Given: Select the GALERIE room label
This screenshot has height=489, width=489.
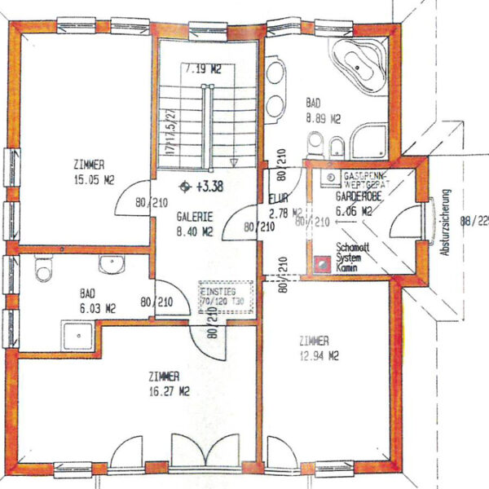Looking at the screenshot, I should (195, 218).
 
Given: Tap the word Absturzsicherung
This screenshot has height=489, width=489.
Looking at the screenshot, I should (446, 223).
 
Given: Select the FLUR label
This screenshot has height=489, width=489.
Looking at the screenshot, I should (275, 198).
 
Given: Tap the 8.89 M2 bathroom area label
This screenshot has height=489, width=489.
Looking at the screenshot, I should (323, 118).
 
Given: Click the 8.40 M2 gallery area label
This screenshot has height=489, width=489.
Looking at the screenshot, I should (195, 231).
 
